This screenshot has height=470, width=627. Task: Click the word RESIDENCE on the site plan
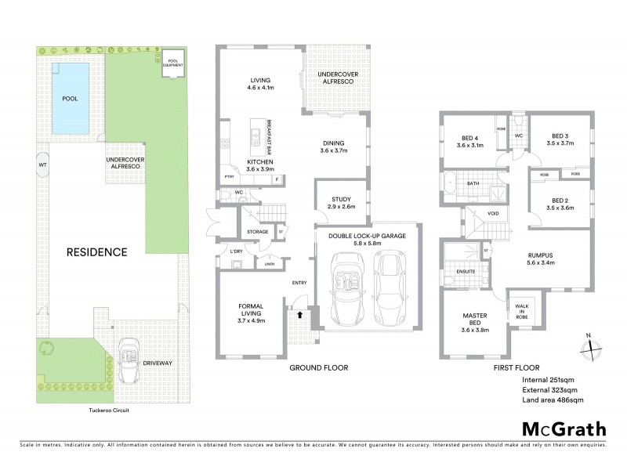pos(96,252)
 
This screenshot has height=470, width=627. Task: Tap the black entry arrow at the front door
pos(299,313)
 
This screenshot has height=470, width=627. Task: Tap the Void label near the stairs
pos(492,212)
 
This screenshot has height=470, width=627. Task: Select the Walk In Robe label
pos(520,310)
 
